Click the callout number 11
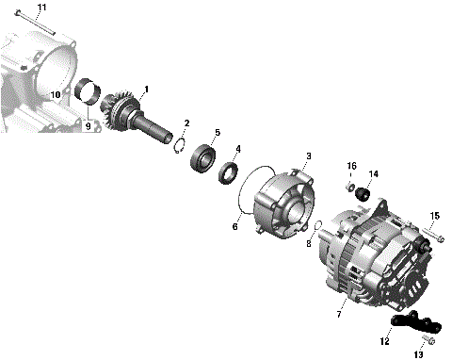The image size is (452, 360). point(15,8)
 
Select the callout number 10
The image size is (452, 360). point(56,95)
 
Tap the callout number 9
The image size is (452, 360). point(89,126)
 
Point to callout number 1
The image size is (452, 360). point(146,89)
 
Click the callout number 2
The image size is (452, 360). point(186,123)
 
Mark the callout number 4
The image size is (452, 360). point(237,149)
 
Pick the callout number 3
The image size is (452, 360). point(308,155)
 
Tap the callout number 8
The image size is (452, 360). point(308,243)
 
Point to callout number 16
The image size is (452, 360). point(352,166)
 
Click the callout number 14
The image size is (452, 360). point(373,174)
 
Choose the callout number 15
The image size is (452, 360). point(434,217)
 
